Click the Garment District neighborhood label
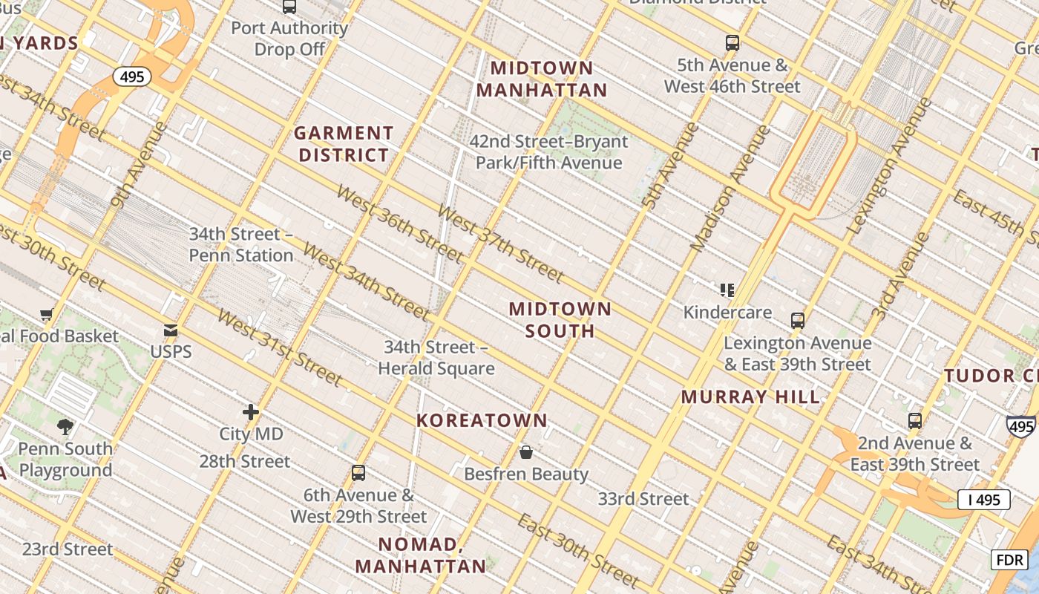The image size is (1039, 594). tap(343, 144)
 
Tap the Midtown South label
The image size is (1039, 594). tap(560, 320)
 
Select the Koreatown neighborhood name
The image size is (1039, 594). tap(482, 420)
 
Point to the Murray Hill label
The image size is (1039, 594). tap(750, 396)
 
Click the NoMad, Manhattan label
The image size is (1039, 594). tap(420, 555)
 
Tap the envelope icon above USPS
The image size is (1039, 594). tap(171, 330)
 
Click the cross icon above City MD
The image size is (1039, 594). tap(251, 412)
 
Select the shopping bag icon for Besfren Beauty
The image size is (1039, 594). tap(526, 452)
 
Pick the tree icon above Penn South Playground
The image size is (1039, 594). tap(65, 426)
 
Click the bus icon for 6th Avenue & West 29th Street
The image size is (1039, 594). tap(358, 473)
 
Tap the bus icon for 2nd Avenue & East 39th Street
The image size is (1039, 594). tap(914, 421)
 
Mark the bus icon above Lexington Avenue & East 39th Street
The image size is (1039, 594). tap(798, 321)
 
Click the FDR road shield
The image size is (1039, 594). tap(1009, 559)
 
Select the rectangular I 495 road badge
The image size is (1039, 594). tap(983, 500)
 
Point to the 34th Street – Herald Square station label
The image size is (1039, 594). tap(436, 358)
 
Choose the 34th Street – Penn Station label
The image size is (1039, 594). tap(241, 244)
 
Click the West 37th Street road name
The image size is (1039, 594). tap(500, 244)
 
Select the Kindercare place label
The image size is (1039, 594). tap(727, 312)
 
